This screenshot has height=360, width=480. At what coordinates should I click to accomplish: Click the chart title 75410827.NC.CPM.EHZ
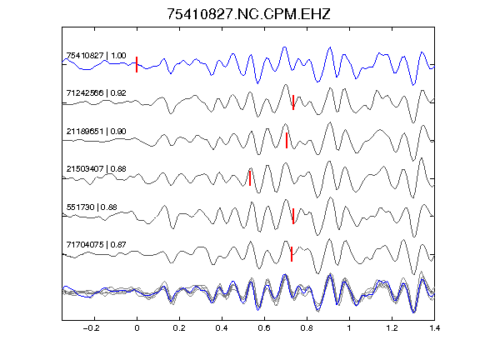click(248, 14)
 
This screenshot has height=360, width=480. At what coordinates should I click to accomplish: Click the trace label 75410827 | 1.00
click(96, 56)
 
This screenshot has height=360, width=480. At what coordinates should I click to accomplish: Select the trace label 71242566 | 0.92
click(96, 93)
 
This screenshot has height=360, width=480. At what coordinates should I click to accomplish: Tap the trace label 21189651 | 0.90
click(96, 132)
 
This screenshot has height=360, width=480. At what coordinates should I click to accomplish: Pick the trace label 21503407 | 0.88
click(96, 169)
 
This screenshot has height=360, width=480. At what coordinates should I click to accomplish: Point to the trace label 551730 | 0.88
click(92, 207)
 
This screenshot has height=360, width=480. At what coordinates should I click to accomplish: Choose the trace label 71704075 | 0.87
click(96, 245)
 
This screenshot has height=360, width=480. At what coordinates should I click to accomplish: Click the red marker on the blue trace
click(137, 65)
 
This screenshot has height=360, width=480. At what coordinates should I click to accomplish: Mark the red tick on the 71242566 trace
click(293, 102)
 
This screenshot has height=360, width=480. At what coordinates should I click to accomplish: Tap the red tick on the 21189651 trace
click(287, 140)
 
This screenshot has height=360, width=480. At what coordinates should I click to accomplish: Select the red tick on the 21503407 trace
click(250, 178)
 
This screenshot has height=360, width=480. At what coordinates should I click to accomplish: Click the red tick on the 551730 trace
click(293, 216)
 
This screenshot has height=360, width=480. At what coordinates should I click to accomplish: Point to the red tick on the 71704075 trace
click(292, 254)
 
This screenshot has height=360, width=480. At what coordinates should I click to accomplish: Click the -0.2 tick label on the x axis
click(91, 328)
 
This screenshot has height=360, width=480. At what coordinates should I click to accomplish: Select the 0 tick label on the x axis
click(137, 328)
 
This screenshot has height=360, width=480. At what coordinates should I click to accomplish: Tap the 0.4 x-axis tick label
click(222, 328)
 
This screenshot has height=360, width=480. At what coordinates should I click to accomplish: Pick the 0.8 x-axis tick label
click(307, 328)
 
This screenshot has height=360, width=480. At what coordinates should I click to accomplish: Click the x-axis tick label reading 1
click(349, 328)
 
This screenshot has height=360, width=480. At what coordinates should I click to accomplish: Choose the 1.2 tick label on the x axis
click(392, 328)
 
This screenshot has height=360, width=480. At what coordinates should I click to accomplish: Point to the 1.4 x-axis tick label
click(434, 328)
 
